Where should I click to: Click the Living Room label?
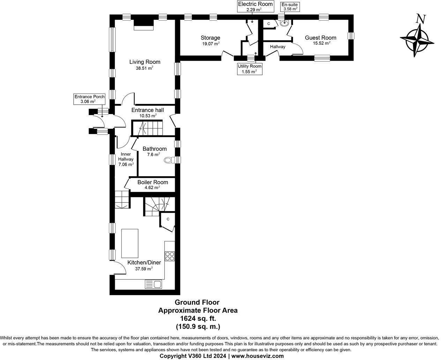click(145, 62)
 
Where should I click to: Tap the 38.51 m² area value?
click(144, 68)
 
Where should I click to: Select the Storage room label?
click(210, 38)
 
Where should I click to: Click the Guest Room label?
click(320, 38)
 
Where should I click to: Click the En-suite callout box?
click(290, 7)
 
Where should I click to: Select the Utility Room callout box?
click(249, 69)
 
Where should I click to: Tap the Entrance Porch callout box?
click(89, 99)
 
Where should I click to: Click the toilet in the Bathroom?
click(169, 160)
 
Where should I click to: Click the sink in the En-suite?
click(284, 23)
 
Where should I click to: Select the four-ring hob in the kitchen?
click(170, 256)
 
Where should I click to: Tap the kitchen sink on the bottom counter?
click(153, 284)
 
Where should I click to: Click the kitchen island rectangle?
click(129, 243)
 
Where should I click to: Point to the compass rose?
click(417, 40)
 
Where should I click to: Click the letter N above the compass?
click(421, 19)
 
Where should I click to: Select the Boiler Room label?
click(152, 182)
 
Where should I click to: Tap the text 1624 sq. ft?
click(198, 318)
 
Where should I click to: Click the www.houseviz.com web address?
click(257, 356)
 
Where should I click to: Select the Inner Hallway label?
click(126, 159)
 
